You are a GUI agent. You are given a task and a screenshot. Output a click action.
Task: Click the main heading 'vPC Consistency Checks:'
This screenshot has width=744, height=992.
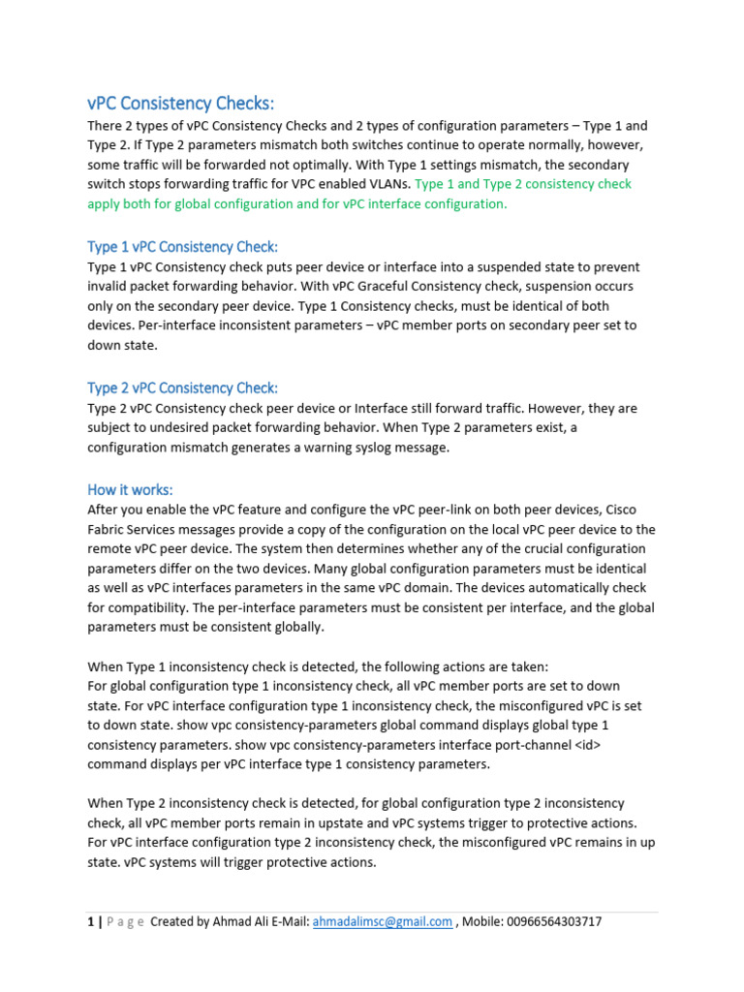point(181,104)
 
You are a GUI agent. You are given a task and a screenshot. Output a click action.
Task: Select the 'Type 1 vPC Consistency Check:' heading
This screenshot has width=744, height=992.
point(183,247)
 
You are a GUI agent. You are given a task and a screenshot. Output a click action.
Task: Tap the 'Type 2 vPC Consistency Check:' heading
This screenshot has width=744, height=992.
point(183,388)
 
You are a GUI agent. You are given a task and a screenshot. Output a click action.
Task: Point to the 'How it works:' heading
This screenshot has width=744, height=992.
point(131,489)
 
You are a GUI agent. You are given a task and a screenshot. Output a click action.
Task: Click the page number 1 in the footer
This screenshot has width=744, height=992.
point(91,921)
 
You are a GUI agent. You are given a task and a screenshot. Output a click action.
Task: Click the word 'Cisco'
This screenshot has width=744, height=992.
point(636,510)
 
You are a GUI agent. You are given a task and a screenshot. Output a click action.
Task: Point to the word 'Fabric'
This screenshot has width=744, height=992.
point(108,529)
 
